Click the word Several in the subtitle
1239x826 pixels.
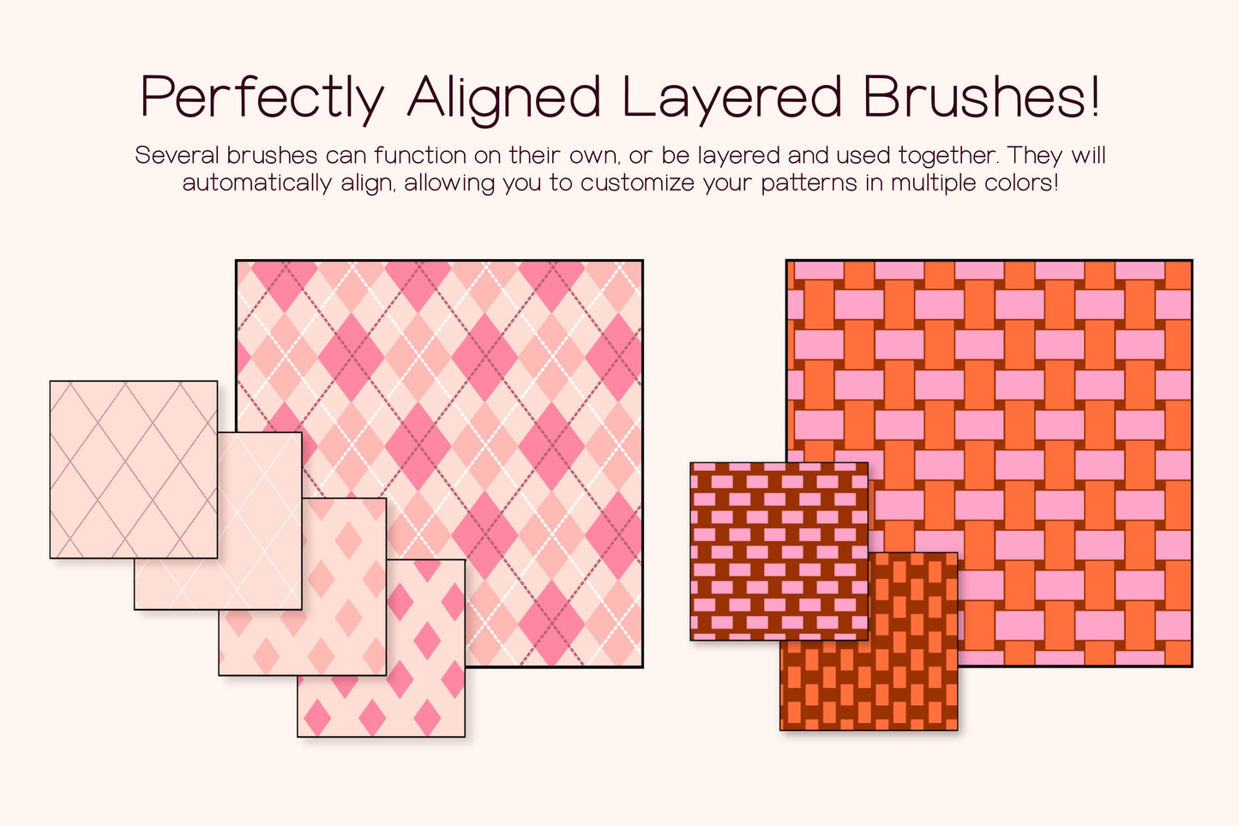tap(177, 155)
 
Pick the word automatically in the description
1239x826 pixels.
tap(256, 183)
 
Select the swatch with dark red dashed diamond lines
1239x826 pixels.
tap(133, 469)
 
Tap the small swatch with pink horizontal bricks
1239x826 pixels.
tap(779, 551)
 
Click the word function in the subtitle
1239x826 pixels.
tap(420, 155)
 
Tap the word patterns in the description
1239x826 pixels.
tap(809, 183)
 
